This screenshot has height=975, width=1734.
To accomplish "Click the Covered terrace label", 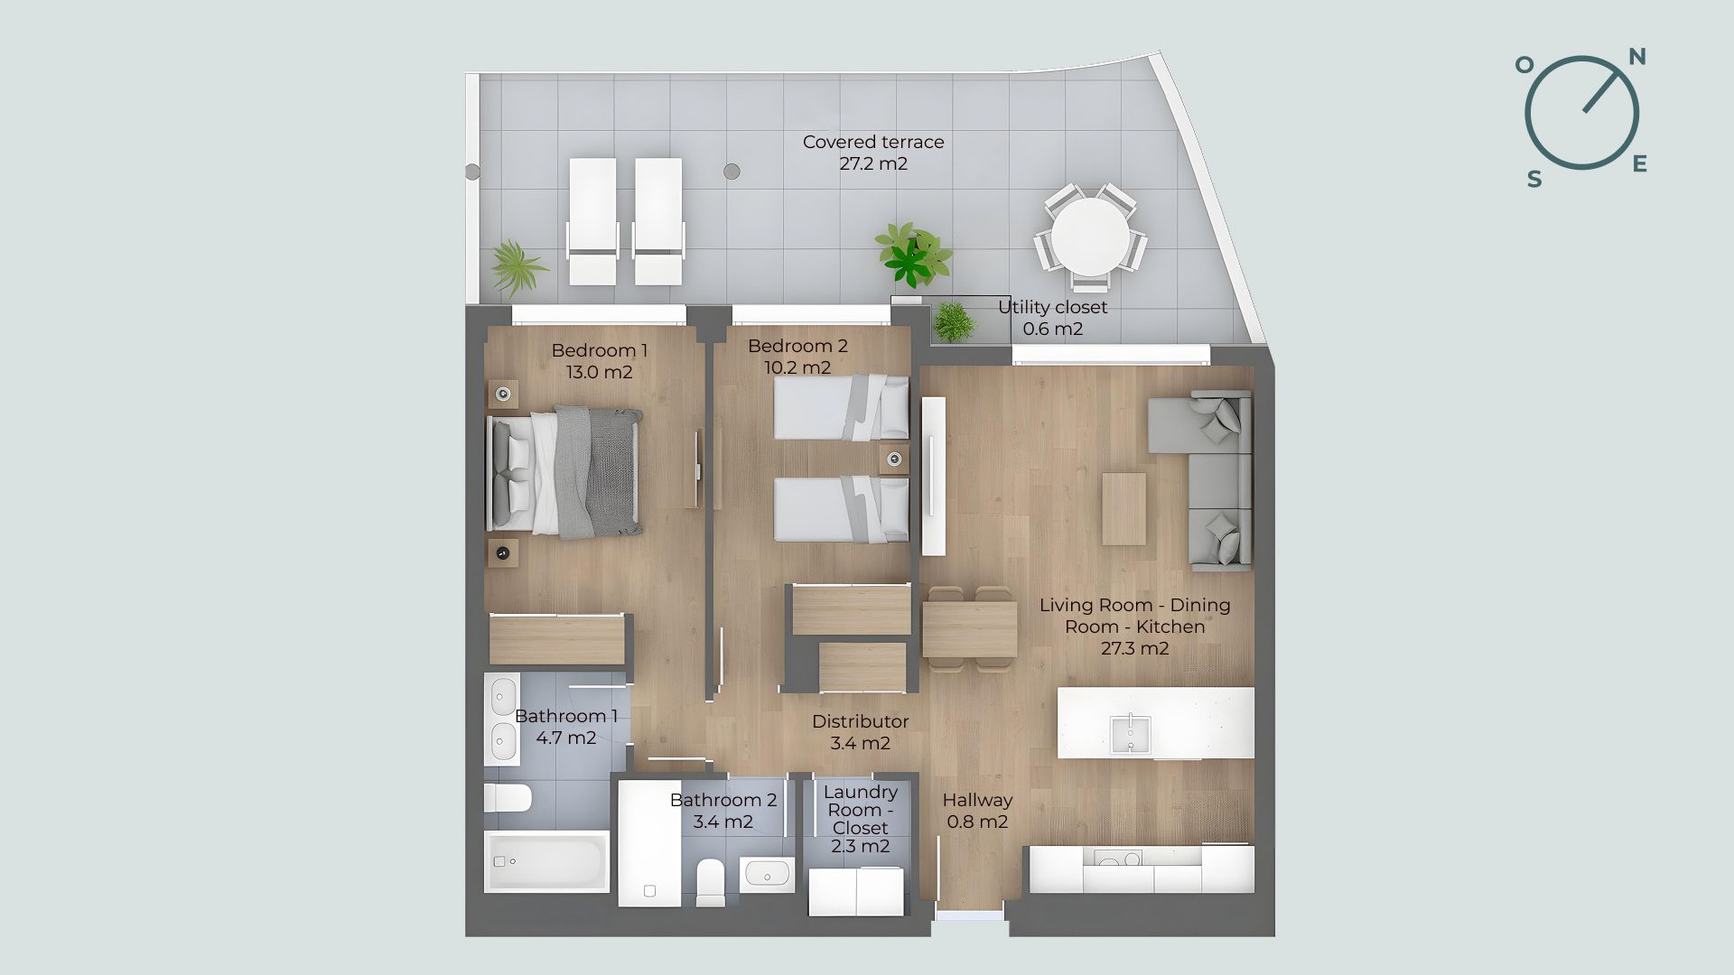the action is coord(873,153).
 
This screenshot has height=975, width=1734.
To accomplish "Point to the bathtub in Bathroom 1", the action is coord(547,861).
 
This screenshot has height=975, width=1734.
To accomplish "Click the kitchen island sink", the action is coord(1130,733).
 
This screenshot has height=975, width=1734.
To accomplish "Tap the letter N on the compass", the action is coord(1637,58).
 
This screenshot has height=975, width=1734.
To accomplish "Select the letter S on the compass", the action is coord(1534,180).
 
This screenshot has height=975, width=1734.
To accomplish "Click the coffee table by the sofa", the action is coord(1124,508).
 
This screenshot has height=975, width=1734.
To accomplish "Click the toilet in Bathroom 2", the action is coord(711,881).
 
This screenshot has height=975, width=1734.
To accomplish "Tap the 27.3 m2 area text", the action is coord(1135,648).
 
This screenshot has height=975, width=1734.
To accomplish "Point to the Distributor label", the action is coord(860,721).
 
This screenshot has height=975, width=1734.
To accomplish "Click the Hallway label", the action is coord(977,800).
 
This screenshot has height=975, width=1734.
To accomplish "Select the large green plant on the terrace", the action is coord(913,254).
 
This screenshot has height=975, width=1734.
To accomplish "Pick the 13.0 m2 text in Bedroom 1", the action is coord(599,372).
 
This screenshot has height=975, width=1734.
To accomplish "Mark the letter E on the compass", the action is coord(1640,163).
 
